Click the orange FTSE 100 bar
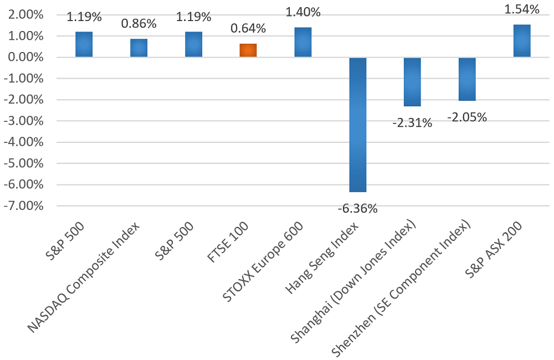click(x=248, y=50)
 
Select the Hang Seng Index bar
click(x=357, y=125)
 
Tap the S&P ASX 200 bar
click(x=521, y=41)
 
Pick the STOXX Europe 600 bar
click(x=302, y=43)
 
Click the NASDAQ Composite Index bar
click(x=138, y=48)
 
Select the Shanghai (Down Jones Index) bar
click(x=412, y=82)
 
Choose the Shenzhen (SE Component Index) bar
click(x=467, y=79)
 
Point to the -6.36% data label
click(x=357, y=209)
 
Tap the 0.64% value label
click(x=248, y=28)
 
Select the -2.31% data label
click(x=412, y=123)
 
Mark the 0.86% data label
click(x=138, y=24)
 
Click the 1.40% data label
click(x=302, y=11)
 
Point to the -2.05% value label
click(x=467, y=117)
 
